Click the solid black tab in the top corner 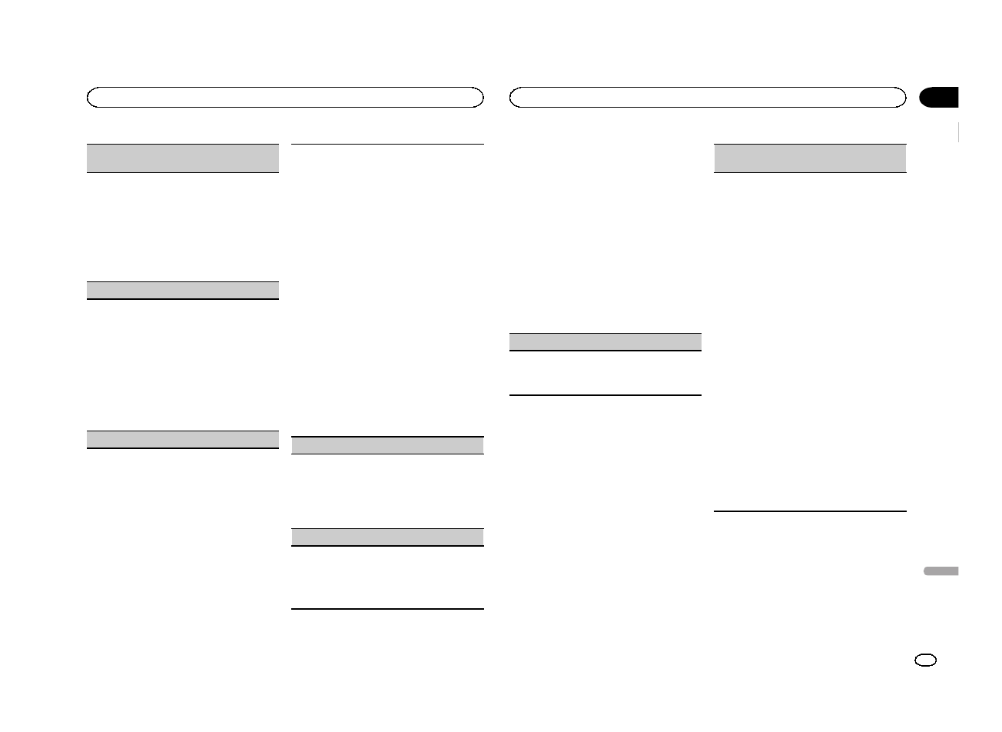pos(940,97)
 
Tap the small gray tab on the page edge pos(941,571)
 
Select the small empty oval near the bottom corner pos(926,660)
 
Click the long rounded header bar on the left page pos(285,97)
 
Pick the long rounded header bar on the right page pos(708,97)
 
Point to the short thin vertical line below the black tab pos(959,131)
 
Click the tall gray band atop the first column pos(182,158)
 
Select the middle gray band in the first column pos(182,290)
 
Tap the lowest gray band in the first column pos(182,439)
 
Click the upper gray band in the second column pos(387,445)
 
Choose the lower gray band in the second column pos(387,537)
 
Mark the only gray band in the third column pos(606,341)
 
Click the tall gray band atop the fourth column pos(810,158)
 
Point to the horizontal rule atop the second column pos(387,144)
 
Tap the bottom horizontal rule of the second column pos(387,610)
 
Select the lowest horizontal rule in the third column pos(606,395)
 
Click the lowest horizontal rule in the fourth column pos(810,511)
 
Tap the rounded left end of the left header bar pos(91,97)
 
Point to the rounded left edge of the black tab pos(923,97)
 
